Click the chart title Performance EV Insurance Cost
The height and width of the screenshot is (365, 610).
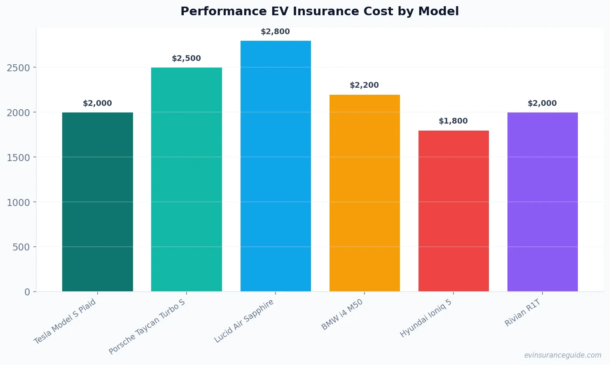(319, 11)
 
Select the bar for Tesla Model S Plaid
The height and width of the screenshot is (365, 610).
(98, 202)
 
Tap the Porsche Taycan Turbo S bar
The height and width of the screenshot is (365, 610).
(187, 180)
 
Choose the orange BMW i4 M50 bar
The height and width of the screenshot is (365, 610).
(365, 193)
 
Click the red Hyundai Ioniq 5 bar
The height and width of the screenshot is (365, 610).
(453, 211)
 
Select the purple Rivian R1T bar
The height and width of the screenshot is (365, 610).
(542, 202)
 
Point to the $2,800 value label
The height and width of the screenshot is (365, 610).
(275, 32)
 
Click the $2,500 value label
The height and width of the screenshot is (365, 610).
(186, 58)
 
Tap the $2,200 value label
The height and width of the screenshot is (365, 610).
(364, 85)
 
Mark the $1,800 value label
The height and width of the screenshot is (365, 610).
(453, 121)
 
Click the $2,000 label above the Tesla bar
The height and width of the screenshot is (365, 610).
(97, 103)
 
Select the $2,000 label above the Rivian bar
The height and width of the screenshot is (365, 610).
(542, 103)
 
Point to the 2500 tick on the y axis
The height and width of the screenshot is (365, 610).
(19, 68)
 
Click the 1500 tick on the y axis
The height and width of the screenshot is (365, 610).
(19, 158)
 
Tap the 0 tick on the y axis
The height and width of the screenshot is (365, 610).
(27, 292)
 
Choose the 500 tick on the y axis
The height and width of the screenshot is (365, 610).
(21, 247)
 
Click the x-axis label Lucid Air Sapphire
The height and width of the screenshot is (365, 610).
(244, 321)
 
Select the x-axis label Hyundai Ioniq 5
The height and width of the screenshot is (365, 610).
(426, 318)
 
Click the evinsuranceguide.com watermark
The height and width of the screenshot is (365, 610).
(563, 355)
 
